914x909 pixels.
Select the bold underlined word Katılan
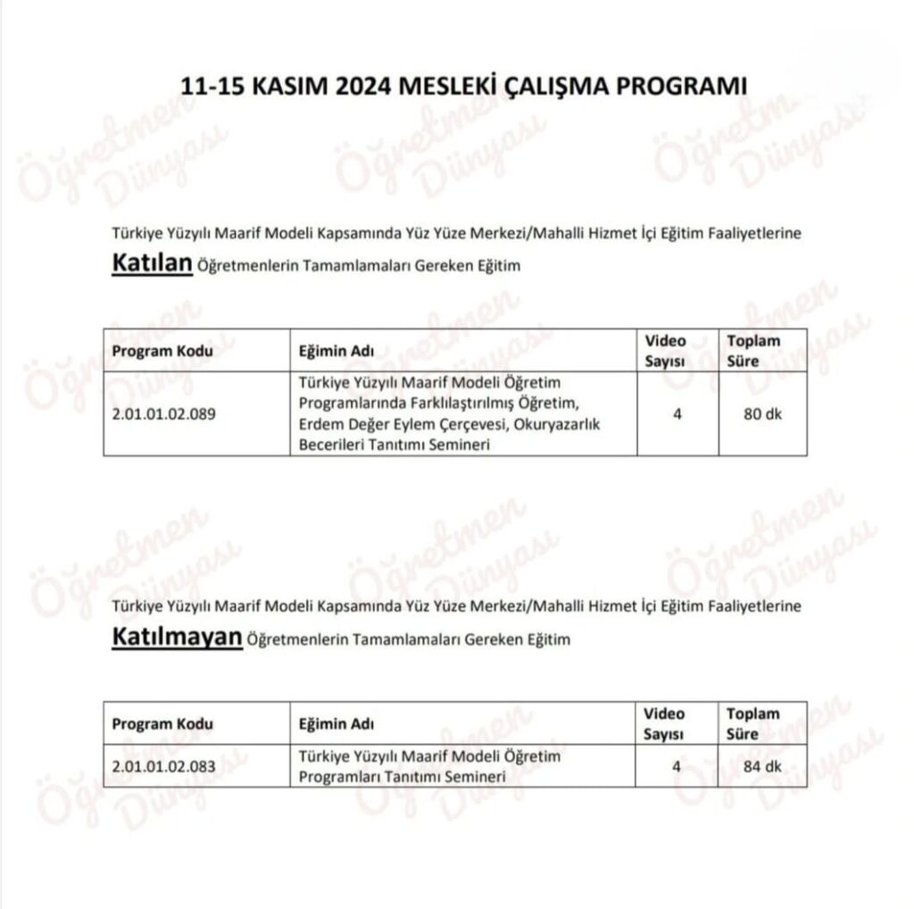tap(152, 264)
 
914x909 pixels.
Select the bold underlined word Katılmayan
tap(177, 638)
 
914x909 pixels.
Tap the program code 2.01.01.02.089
tap(163, 414)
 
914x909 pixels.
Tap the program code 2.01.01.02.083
tap(163, 766)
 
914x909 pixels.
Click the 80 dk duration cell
tap(762, 413)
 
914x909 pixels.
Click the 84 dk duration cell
tap(762, 766)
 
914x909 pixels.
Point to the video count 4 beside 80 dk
tap(677, 413)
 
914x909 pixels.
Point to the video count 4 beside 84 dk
tap(677, 766)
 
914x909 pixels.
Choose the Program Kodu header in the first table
tap(162, 351)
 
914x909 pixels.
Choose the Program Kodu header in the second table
tap(162, 724)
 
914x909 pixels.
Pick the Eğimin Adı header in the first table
tap(336, 351)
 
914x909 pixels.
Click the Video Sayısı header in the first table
tap(665, 350)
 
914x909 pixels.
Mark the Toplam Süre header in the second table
tap(752, 723)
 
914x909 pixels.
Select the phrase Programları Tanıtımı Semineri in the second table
tap(402, 776)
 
